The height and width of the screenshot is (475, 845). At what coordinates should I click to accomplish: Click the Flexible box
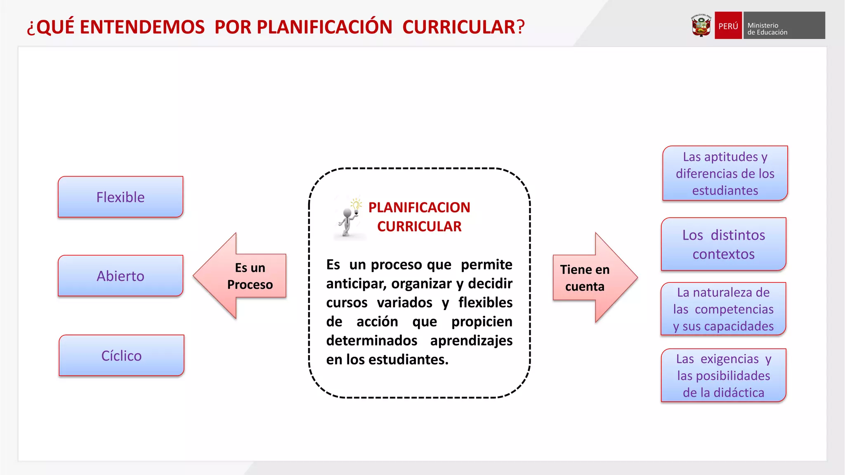(120, 197)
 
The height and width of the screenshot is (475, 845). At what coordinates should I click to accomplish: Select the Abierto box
(120, 276)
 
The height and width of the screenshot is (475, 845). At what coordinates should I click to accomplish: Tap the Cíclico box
(121, 355)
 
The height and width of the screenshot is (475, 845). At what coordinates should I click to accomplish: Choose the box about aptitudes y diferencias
(725, 174)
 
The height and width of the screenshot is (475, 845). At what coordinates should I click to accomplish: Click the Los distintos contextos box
(723, 245)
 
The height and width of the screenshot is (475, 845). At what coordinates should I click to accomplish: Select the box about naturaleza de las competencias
(723, 309)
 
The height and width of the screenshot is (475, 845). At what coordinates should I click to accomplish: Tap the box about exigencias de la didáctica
(723, 376)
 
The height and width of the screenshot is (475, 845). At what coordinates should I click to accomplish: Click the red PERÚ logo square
(728, 26)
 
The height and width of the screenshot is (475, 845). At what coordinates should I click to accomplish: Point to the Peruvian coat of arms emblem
(701, 26)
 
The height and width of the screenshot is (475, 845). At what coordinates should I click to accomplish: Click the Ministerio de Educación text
(767, 29)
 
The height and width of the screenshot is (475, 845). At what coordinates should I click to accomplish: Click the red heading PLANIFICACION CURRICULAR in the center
(419, 217)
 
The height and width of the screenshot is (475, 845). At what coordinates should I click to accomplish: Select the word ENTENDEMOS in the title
(142, 27)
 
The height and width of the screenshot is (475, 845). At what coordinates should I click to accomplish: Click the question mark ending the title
(521, 27)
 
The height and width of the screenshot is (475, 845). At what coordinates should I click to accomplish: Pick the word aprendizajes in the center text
(471, 341)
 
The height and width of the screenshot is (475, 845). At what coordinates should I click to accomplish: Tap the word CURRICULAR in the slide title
(459, 27)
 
